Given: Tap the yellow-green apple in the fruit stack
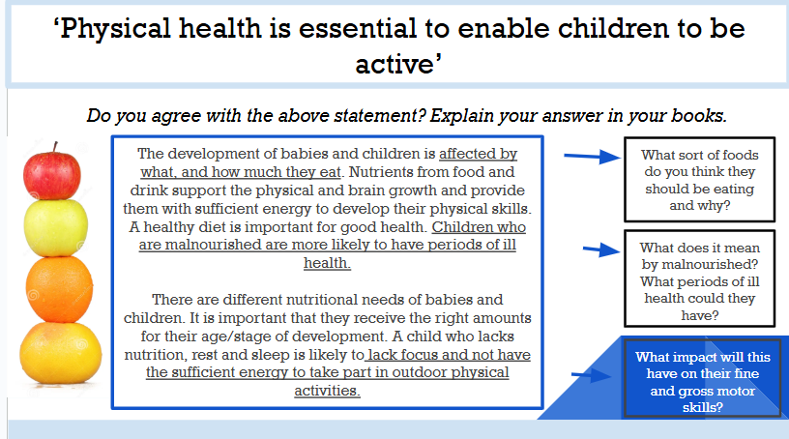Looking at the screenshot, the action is [56, 228].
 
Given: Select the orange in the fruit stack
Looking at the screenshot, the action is [59, 289].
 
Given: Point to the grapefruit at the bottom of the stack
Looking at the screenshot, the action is [60, 353].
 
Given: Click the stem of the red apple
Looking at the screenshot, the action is [55, 148].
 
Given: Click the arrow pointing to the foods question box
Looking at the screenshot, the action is [593, 157].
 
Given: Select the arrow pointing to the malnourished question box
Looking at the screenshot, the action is [601, 249].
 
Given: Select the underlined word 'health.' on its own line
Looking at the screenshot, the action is [327, 263].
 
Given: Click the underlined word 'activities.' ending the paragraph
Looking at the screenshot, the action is [327, 391].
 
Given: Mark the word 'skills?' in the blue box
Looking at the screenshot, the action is [702, 407].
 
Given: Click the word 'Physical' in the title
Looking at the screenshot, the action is [116, 29].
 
